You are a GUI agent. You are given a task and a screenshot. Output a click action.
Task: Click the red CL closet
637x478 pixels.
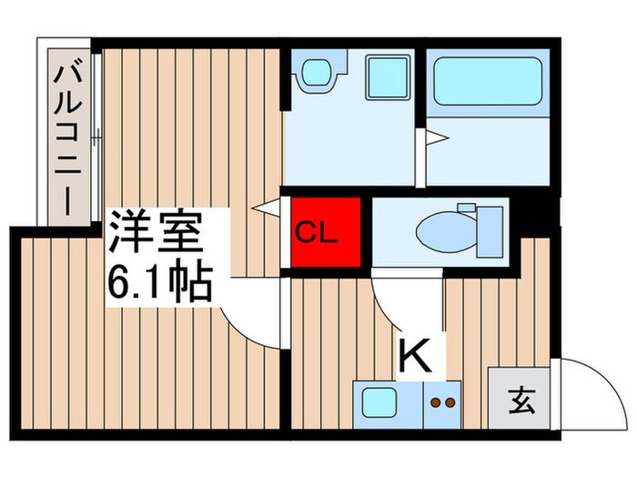(327, 232)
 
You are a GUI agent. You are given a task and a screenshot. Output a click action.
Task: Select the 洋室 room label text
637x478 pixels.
(156, 233)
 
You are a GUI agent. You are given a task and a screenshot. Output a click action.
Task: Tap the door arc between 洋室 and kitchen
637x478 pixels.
(255, 323)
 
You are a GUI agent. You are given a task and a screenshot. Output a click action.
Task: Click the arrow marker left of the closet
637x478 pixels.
(267, 208)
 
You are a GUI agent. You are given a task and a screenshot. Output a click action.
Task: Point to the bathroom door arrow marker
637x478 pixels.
(437, 138)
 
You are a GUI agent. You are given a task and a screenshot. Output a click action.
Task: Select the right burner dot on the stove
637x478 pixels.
(450, 402)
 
